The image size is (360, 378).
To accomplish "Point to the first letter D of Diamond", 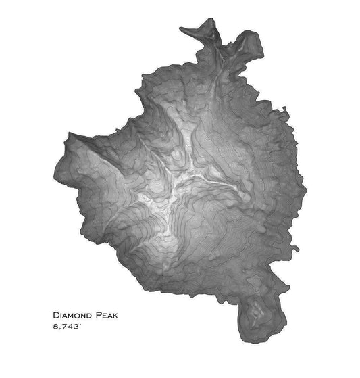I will tap(55, 316).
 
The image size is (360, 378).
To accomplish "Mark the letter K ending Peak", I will tap(123, 316).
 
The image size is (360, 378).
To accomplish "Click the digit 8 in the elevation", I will tap(55, 328).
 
